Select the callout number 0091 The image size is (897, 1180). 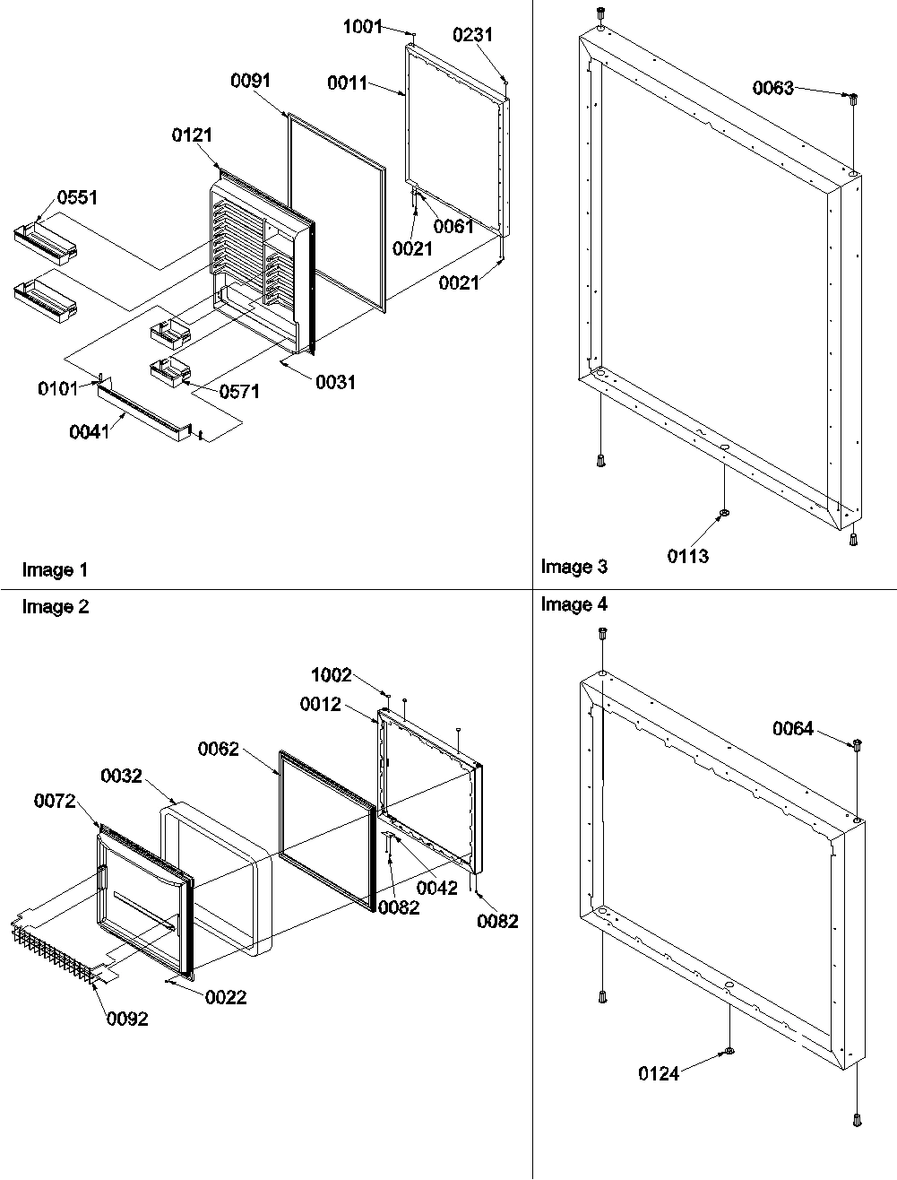[251, 81]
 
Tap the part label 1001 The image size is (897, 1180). [363, 27]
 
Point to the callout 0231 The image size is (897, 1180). [472, 35]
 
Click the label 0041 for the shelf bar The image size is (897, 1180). [89, 432]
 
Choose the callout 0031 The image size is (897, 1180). [335, 382]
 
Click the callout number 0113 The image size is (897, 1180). [687, 556]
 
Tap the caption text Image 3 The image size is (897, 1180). [574, 567]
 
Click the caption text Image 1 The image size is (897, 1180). [55, 569]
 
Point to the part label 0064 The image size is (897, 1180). [793, 729]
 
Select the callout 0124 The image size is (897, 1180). [659, 1072]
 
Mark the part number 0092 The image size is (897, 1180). [128, 1018]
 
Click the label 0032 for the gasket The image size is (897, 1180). [121, 776]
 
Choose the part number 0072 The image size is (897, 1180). [54, 801]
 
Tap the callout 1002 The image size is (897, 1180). [331, 676]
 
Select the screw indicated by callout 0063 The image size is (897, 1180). [853, 99]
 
